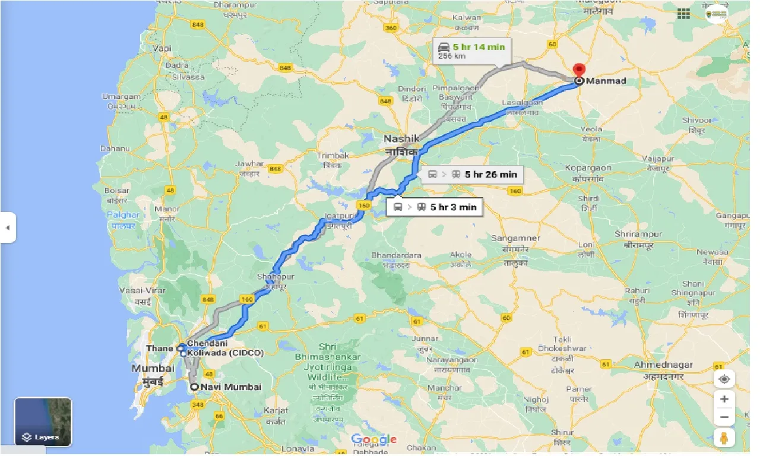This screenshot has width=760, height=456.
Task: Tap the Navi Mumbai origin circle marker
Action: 194,387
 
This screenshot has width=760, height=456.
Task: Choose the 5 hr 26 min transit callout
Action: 490,174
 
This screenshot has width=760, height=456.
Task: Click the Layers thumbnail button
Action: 43,422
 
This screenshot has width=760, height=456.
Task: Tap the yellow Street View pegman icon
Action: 724,439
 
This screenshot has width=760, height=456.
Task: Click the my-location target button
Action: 724,379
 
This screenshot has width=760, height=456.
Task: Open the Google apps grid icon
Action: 683,14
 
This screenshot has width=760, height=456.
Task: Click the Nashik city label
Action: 401,138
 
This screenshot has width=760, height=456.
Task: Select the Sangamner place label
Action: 515,238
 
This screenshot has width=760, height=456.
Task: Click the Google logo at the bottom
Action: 373,440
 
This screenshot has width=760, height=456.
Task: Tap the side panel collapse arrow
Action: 8,227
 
